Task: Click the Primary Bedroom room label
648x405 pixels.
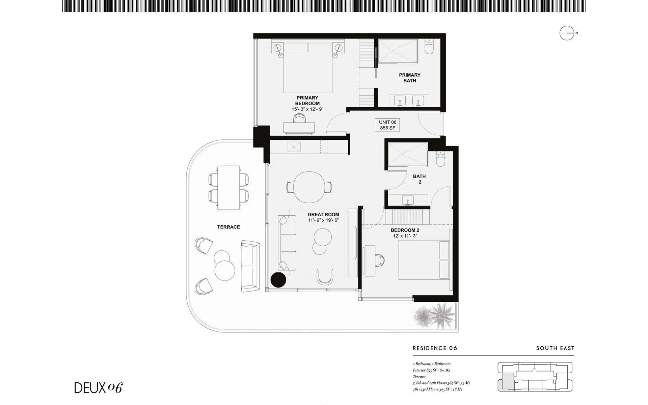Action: [307, 101]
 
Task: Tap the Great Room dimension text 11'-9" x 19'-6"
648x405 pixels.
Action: [323, 220]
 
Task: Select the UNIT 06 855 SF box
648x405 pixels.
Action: [387, 125]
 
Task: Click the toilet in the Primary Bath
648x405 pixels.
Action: [429, 47]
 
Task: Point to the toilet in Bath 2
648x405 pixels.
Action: [440, 158]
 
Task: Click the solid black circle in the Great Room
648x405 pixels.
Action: [278, 280]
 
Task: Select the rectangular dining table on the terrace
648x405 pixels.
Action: [229, 188]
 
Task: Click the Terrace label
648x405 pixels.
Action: [228, 227]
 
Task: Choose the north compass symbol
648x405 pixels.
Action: [567, 33]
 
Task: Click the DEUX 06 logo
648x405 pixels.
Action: [98, 388]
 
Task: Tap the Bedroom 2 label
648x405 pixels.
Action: [405, 230]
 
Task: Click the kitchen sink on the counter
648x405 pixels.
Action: [294, 147]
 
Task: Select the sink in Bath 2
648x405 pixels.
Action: [408, 200]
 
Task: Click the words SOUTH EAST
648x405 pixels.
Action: [555, 348]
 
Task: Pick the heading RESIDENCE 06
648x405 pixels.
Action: [435, 348]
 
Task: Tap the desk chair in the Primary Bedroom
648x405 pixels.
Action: [299, 118]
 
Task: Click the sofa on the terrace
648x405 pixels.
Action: [250, 266]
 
